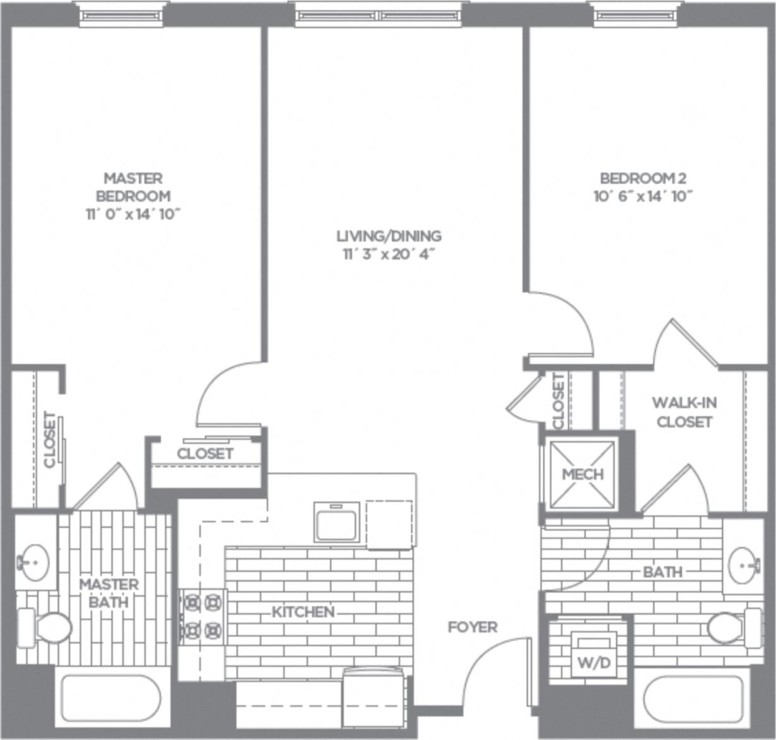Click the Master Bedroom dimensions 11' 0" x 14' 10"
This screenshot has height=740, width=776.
pos(133,214)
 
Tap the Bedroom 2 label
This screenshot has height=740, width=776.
pos(642,178)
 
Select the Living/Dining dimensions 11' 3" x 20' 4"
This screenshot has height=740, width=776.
pos(389,254)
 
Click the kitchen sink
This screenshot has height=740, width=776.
pos(337,522)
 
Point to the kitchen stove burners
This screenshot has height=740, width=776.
pos(203,616)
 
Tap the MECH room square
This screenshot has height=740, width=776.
pos(582,474)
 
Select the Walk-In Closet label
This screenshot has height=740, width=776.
pos(684,412)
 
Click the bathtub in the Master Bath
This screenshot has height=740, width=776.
pos(111,699)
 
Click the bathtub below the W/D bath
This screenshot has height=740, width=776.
pos(693,701)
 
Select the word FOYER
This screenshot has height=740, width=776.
pos(473,627)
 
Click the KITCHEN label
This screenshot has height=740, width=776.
pos(303,612)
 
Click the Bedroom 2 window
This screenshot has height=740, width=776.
pos(636,15)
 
